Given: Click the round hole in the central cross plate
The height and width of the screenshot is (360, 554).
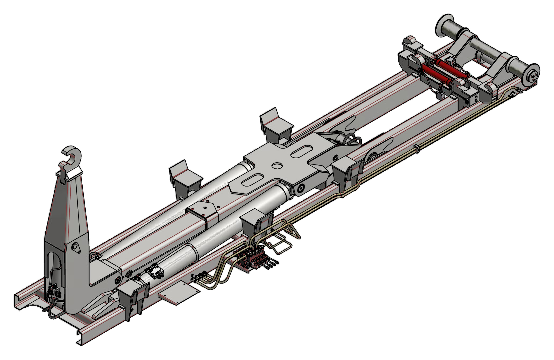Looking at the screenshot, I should pos(277,165).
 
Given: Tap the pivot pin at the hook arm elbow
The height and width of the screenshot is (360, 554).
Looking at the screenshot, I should pos(118,280).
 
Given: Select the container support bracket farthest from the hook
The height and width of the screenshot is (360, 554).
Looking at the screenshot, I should pos(276,125).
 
